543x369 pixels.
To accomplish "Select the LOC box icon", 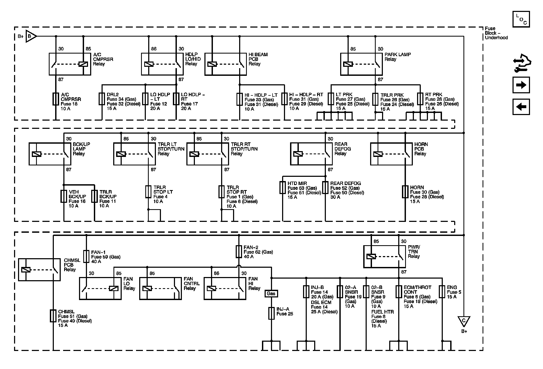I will [x=521, y=19].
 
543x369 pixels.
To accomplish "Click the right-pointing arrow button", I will [x=521, y=85].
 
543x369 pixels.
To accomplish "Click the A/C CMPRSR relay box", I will [x=70, y=64].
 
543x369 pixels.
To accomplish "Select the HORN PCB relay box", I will [x=391, y=154].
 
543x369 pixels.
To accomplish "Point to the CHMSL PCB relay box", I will [x=39, y=270].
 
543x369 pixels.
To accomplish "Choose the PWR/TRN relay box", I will [x=384, y=256].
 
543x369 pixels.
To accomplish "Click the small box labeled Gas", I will [x=271, y=293].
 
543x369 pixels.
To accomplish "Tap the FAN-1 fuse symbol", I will [x=86, y=256].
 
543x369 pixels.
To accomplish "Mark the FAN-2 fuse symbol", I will [x=239, y=252].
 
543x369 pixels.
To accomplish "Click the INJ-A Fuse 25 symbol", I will [x=271, y=313].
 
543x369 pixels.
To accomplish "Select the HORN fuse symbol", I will [x=405, y=192].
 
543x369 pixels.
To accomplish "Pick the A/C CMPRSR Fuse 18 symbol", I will [x=56, y=99].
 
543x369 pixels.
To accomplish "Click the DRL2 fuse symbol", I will [x=102, y=99].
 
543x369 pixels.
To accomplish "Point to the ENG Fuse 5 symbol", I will [x=442, y=292].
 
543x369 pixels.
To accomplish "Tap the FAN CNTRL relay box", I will [x=160, y=288].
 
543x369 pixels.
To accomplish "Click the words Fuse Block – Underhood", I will [x=496, y=33].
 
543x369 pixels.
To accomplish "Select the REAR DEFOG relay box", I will [x=311, y=154].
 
